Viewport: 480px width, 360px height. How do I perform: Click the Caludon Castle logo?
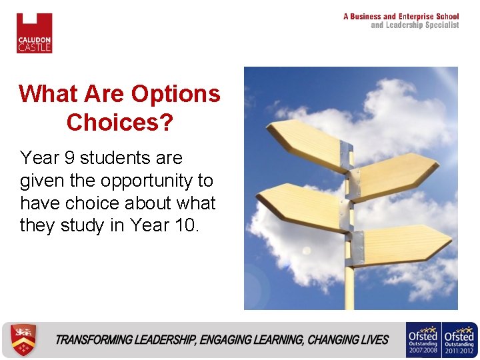[x=34, y=33]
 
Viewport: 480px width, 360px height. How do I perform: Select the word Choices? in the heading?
[x=119, y=122]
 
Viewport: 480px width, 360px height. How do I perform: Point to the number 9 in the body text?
[x=68, y=158]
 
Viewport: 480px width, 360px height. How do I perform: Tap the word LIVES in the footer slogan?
[x=373, y=340]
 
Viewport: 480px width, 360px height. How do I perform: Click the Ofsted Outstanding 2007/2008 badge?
[x=423, y=340]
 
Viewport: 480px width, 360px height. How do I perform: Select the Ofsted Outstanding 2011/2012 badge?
[x=461, y=340]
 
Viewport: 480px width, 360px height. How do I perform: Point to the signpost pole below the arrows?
[x=349, y=287]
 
